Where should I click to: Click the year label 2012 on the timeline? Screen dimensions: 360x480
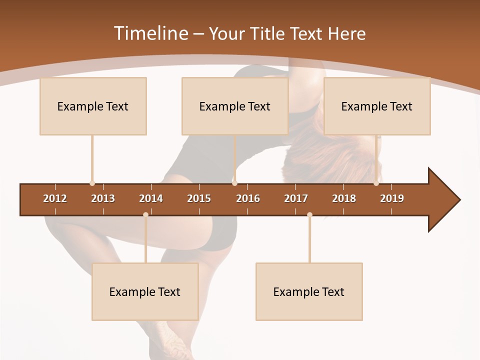coord(55,198)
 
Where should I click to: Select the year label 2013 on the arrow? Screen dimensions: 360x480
coord(103,198)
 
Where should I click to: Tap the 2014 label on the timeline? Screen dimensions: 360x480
coord(151,198)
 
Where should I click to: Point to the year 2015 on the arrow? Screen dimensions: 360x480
coord(199,198)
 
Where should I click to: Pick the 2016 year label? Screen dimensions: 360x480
coord(248,198)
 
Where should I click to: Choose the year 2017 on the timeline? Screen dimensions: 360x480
coord(296,198)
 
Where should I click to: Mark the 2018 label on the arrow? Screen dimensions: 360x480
coord(344,198)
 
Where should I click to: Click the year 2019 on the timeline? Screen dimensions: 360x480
coord(392,198)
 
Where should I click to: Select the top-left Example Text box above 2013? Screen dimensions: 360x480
coord(93,106)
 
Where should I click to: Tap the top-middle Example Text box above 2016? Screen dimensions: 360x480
coord(235,106)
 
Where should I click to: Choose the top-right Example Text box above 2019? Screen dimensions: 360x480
coord(377,106)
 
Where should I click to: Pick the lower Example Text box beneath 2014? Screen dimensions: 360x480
coord(145,291)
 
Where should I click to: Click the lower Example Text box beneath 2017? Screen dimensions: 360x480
coord(309,291)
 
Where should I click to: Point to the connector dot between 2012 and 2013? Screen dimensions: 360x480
coord(92,183)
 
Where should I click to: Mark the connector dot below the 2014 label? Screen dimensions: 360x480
coord(145,215)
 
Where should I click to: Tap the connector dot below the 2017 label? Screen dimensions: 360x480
coord(309,215)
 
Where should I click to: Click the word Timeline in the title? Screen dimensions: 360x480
coord(150,33)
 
